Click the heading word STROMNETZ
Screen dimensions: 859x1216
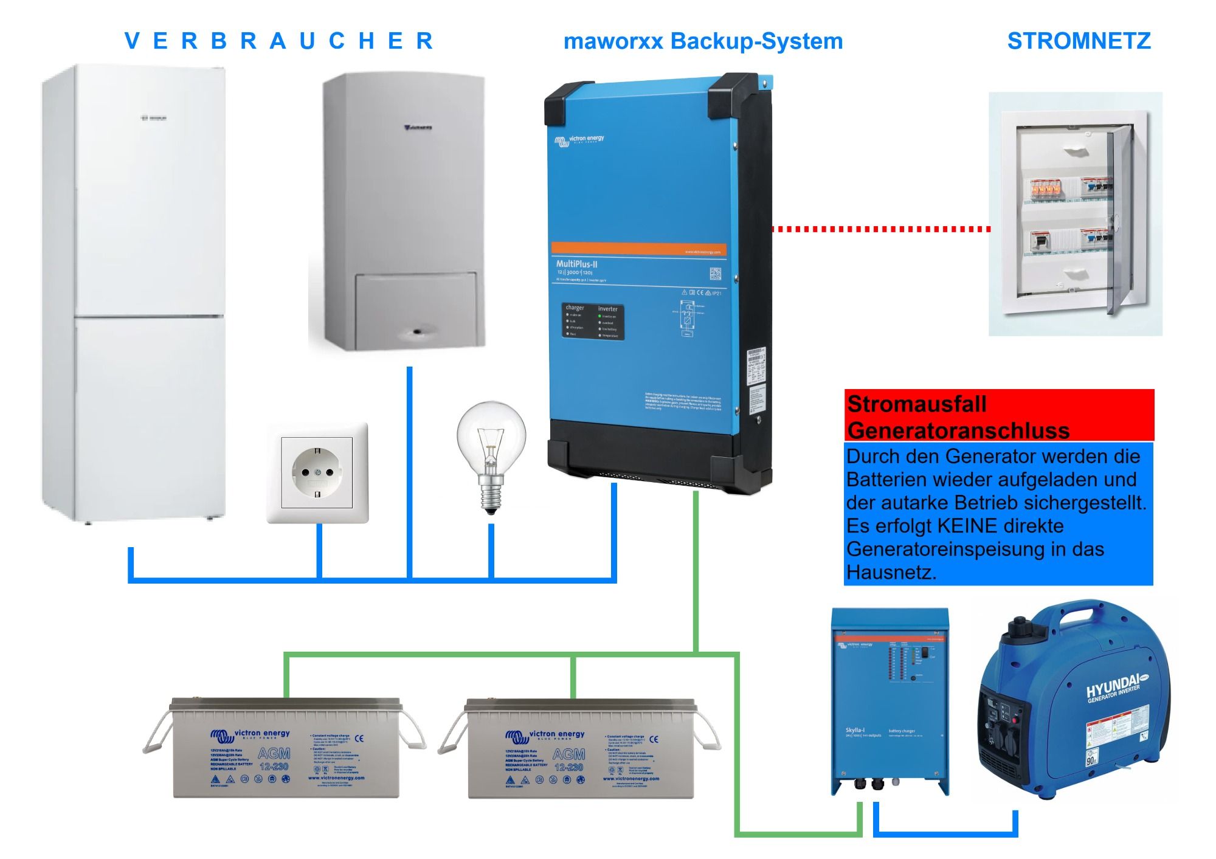[1079, 41]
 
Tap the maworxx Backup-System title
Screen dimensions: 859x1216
[703, 41]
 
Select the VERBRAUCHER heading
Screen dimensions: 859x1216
[278, 41]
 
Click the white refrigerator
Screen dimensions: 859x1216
[134, 292]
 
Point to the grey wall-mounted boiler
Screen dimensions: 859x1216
[402, 213]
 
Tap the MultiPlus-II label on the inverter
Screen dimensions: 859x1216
[576, 264]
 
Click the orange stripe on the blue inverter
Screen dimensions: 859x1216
[638, 249]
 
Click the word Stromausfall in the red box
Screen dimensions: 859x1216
[916, 404]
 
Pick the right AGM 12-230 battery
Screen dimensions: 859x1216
[581, 749]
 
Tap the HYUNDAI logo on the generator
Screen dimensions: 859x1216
[1112, 687]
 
